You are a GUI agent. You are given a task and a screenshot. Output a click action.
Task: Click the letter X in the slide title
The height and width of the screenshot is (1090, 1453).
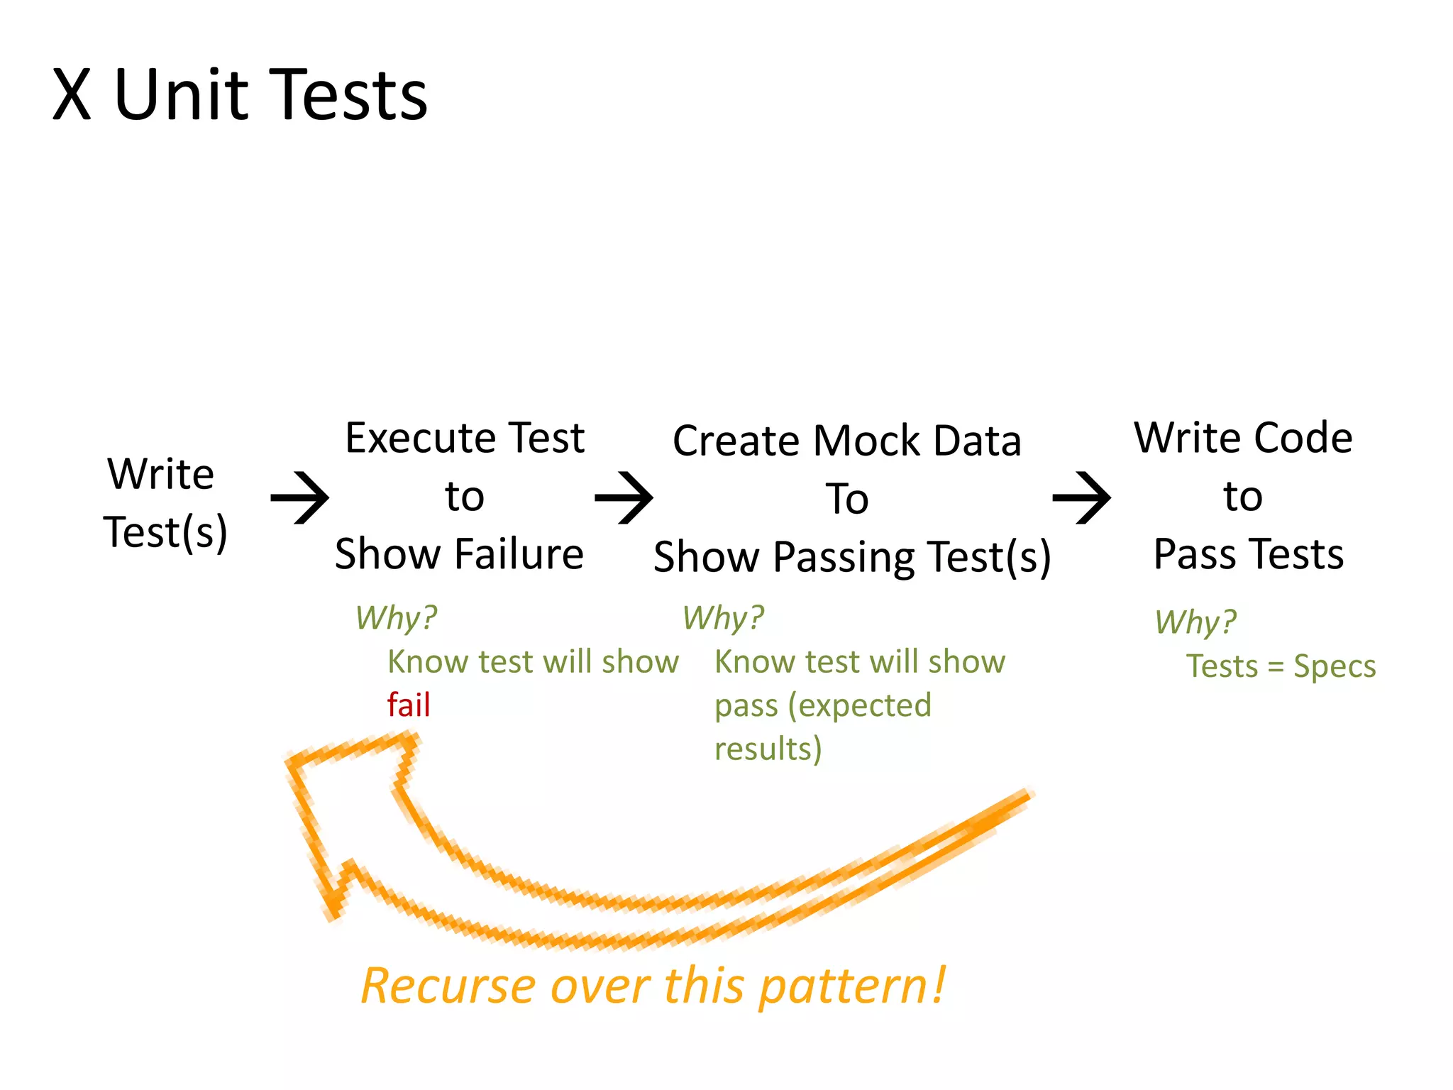tap(72, 95)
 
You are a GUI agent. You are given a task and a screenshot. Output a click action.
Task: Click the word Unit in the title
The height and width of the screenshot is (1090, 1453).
tap(181, 95)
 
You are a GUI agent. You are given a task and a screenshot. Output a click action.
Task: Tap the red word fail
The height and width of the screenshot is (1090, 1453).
tap(409, 705)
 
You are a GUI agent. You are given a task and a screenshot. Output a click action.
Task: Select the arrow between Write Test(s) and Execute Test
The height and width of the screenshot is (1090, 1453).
tap(300, 497)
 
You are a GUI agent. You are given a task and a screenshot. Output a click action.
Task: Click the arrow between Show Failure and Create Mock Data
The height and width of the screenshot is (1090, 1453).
tap(624, 497)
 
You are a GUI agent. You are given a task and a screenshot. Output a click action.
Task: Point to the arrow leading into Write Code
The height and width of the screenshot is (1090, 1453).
tap(1082, 497)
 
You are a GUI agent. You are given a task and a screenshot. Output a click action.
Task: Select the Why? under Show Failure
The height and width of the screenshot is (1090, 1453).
tap(396, 617)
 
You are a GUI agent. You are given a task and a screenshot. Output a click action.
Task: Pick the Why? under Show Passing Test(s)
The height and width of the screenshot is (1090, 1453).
tap(723, 617)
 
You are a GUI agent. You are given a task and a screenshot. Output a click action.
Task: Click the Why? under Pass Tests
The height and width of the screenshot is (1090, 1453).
tap(1195, 622)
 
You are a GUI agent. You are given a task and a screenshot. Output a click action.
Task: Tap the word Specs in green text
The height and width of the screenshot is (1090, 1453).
tap(1334, 666)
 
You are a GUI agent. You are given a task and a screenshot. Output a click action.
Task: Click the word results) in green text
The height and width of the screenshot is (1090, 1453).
tap(768, 749)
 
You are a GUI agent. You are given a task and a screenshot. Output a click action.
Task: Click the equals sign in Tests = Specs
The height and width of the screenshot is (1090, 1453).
tap(1275, 667)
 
